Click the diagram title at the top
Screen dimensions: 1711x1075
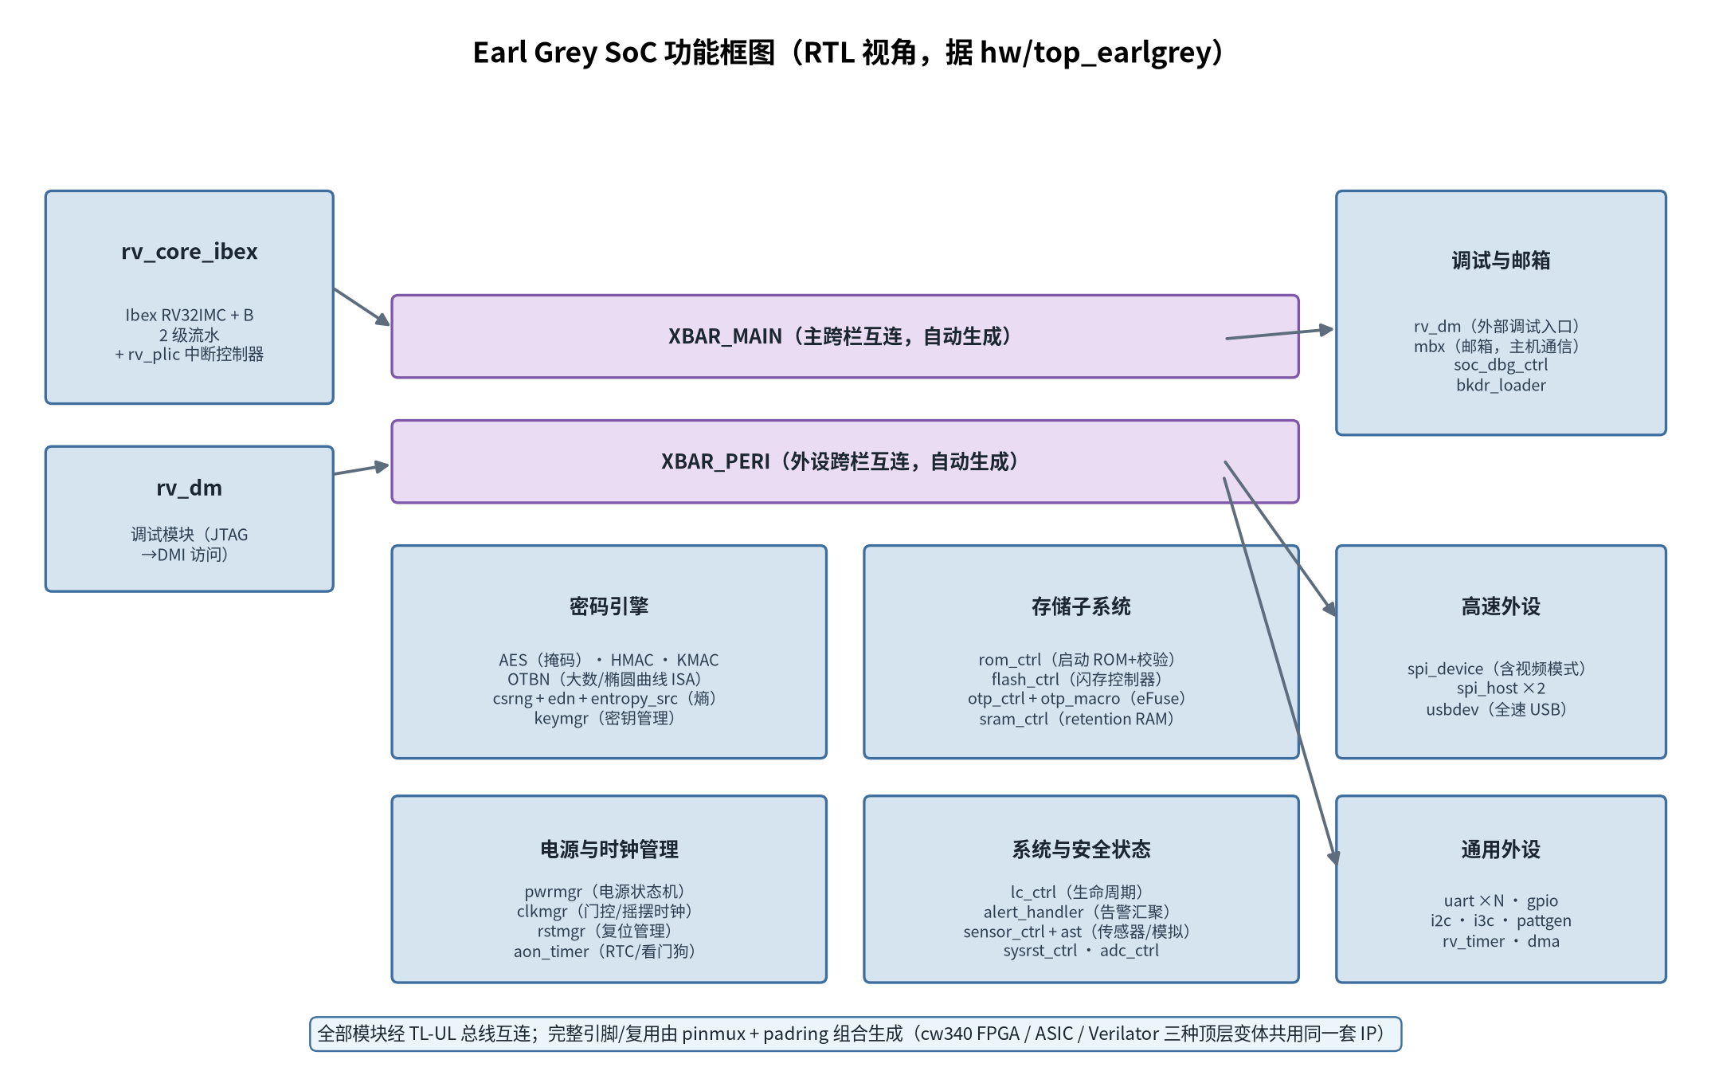click(x=848, y=53)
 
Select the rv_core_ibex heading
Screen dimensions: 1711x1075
click(x=190, y=252)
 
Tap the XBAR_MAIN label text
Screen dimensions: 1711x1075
click(x=840, y=336)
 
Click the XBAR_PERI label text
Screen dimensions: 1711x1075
click(x=840, y=461)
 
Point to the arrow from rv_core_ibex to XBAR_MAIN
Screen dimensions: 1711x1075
click(x=362, y=307)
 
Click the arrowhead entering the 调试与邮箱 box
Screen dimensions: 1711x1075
click(x=1326, y=330)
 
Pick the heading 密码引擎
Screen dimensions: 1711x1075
click(x=609, y=606)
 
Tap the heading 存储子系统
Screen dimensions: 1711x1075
click(x=1081, y=606)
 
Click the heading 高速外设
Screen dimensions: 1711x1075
click(x=1501, y=606)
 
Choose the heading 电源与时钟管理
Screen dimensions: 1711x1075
click(x=609, y=849)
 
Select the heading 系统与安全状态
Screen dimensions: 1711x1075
click(x=1081, y=849)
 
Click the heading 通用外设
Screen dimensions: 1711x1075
click(x=1501, y=849)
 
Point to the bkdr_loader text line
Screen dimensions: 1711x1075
click(x=1501, y=386)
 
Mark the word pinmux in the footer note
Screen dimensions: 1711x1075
click(x=714, y=1034)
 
